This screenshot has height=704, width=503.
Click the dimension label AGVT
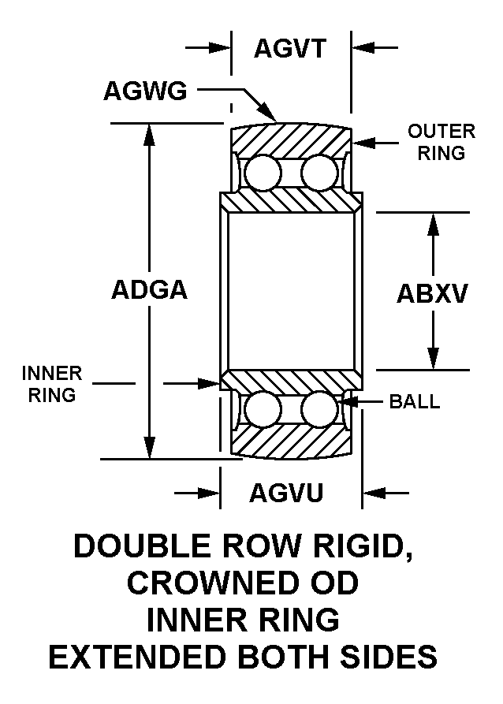pos(289,49)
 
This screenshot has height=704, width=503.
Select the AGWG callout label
pos(145,91)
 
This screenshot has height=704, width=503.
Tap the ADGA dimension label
pos(149,290)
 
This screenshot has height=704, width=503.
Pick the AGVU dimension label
pos(287,494)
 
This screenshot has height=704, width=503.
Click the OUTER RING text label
pos(441,142)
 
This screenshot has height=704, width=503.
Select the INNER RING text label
pos(52,382)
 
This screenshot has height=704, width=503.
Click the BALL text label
pos(415,402)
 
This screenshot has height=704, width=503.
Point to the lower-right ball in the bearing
pos(318,410)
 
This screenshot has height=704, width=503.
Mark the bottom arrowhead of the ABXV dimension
pos(432,359)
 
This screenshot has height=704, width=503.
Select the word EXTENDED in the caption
pos(147,656)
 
